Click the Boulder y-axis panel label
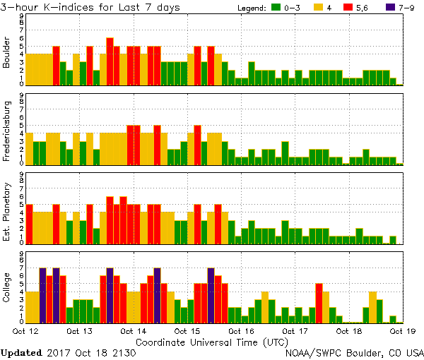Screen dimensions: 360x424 pyautogui.click(x=7, y=53)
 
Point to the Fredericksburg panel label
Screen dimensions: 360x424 pyautogui.click(x=7, y=133)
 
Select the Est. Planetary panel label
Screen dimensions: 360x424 pyautogui.click(x=7, y=212)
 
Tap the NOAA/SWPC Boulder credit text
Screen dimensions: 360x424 pyautogui.click(x=353, y=352)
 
